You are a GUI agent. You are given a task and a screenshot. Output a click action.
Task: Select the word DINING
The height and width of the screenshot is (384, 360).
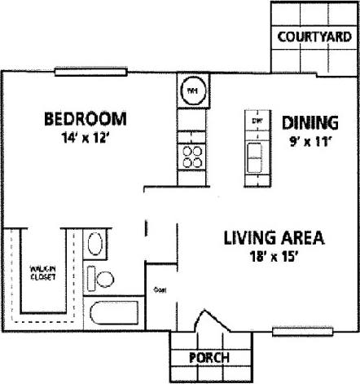pyautogui.click(x=310, y=123)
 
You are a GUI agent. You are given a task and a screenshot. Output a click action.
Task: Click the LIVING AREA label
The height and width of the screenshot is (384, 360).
pyautogui.click(x=274, y=239)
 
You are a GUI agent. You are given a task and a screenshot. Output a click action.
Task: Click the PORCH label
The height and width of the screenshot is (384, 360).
pyautogui.click(x=208, y=358)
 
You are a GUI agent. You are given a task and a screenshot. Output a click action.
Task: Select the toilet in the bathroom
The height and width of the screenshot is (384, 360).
pyautogui.click(x=102, y=279)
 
